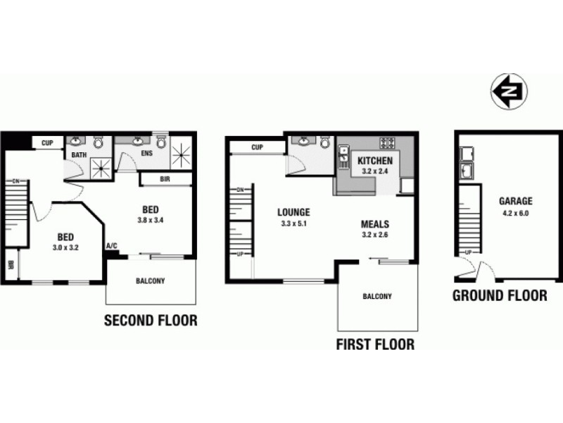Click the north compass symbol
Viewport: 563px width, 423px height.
[510, 92]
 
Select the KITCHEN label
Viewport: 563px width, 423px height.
[374, 159]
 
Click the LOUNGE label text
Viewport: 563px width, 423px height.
[293, 212]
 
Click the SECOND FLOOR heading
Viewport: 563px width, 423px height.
[151, 321]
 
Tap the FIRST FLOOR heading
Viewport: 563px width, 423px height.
[374, 345]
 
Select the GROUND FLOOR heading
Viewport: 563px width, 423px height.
[499, 295]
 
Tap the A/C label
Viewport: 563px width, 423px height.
[111, 246]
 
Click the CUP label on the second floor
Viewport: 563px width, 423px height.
[47, 143]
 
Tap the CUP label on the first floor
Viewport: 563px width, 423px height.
[256, 147]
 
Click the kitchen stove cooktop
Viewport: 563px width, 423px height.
[387, 142]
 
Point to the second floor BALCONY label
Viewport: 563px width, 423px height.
[150, 281]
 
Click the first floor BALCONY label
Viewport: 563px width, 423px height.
[377, 297]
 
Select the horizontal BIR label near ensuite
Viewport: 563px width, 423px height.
[165, 179]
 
